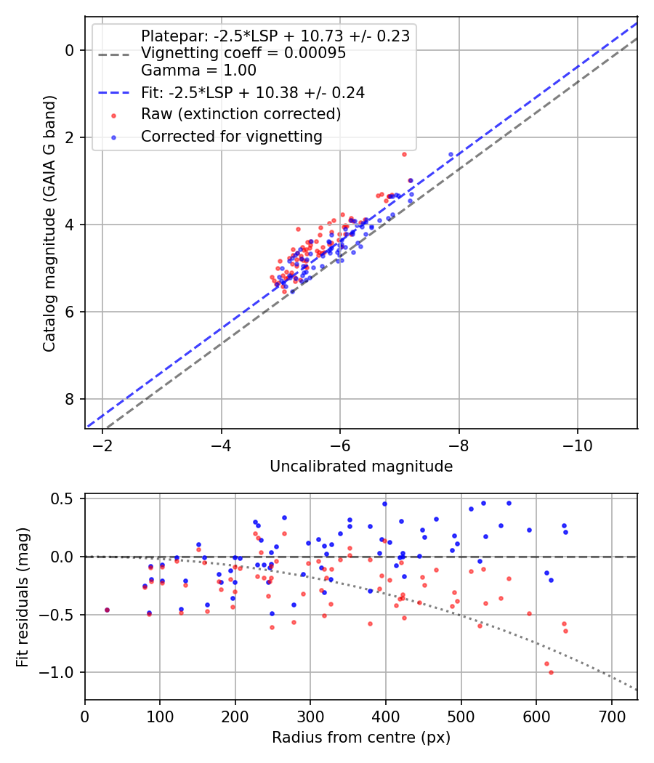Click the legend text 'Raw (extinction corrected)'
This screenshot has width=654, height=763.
click(241, 114)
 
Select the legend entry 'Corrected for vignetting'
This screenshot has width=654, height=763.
click(231, 136)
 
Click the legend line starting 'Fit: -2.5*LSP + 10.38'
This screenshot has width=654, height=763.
click(252, 92)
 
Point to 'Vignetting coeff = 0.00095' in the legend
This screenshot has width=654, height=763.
click(243, 53)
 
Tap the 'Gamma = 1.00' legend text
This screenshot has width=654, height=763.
click(198, 70)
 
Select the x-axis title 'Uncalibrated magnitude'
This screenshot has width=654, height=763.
click(361, 467)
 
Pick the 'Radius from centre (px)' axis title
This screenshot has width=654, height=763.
click(361, 738)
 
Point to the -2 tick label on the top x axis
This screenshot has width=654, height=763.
click(102, 444)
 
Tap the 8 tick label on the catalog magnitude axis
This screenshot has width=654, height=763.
click(70, 399)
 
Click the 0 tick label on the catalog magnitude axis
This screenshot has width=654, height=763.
click(70, 50)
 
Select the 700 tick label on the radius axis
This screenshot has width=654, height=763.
click(611, 716)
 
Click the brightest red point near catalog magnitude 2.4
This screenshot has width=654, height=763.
click(404, 154)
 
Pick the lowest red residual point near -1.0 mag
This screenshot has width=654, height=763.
click(551, 672)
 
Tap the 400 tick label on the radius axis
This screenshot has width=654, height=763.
click(386, 716)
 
